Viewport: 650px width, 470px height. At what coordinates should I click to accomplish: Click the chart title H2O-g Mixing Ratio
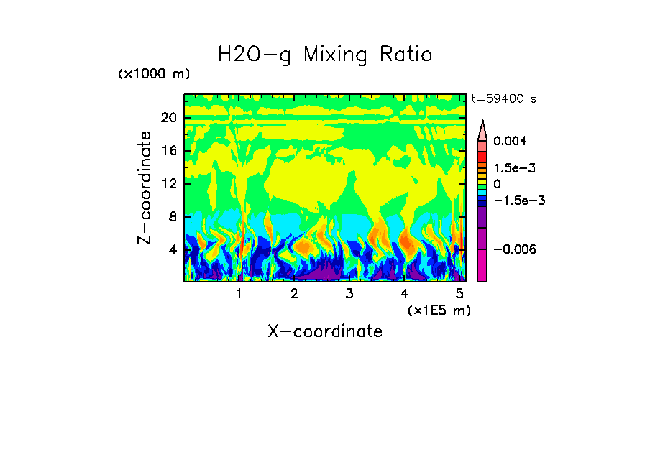325,55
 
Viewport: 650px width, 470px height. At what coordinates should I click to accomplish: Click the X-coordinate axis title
325,331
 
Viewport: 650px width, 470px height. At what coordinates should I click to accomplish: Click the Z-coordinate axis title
145,188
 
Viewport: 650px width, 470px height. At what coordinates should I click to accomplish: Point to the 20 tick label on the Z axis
168,119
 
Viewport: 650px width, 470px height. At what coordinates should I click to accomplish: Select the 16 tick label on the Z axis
168,151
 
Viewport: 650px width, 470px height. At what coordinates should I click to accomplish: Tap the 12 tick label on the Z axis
168,184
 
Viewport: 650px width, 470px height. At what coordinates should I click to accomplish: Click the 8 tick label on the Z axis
171,217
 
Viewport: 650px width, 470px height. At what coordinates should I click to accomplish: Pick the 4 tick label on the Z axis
171,250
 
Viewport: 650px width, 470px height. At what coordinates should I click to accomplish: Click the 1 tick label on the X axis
239,294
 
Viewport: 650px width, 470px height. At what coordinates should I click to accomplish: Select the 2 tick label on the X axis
294,294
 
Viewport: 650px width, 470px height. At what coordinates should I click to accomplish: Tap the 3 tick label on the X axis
349,294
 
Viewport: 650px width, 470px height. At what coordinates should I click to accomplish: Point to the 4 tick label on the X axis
404,294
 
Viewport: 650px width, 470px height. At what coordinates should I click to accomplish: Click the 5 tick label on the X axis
459,294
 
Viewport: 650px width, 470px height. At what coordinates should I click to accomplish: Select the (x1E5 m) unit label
439,310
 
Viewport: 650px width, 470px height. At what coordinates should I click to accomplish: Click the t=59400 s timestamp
503,99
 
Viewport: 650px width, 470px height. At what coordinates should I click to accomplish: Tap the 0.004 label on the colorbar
510,141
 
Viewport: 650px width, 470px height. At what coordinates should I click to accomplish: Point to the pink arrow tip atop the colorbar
482,127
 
